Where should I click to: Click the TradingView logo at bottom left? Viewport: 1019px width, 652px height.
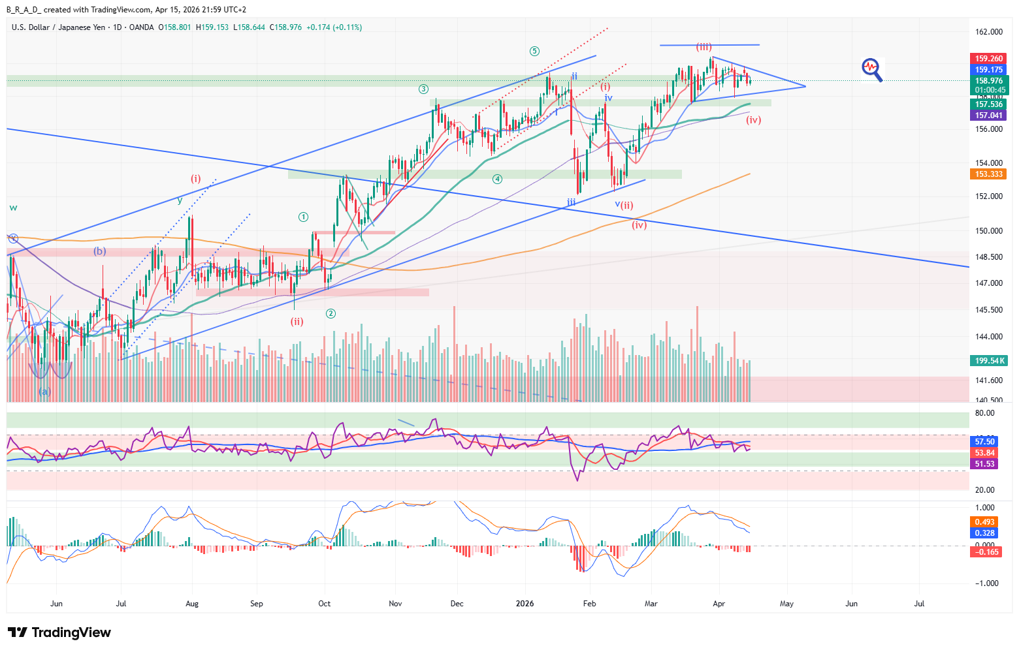pos(59,632)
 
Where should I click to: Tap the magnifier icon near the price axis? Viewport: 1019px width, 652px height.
pos(872,69)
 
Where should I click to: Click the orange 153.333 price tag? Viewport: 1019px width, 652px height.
pos(988,174)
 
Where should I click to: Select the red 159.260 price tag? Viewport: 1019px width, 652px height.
pos(988,59)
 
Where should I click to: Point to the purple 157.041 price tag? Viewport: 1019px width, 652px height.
pos(988,116)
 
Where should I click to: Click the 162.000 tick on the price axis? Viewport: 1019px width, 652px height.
pos(988,32)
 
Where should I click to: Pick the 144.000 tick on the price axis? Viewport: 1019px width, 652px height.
pos(988,337)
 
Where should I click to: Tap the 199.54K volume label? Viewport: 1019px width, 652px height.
pos(990,361)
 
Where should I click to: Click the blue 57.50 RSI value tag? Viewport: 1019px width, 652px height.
pos(985,442)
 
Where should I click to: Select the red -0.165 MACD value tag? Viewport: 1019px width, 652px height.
pos(986,552)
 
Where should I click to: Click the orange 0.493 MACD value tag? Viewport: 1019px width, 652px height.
pos(985,522)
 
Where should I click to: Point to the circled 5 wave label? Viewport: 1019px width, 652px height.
pos(534,51)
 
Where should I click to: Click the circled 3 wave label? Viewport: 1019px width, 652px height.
pos(424,89)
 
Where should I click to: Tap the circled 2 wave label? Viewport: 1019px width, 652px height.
pos(331,314)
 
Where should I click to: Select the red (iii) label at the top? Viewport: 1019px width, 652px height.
pos(704,47)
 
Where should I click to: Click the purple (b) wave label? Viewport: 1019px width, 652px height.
pos(99,251)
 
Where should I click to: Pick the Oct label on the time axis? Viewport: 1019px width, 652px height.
pos(325,604)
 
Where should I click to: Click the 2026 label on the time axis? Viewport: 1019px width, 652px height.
pos(525,604)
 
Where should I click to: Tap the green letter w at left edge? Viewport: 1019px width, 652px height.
pos(13,208)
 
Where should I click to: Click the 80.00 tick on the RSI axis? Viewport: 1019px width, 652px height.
pos(985,413)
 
